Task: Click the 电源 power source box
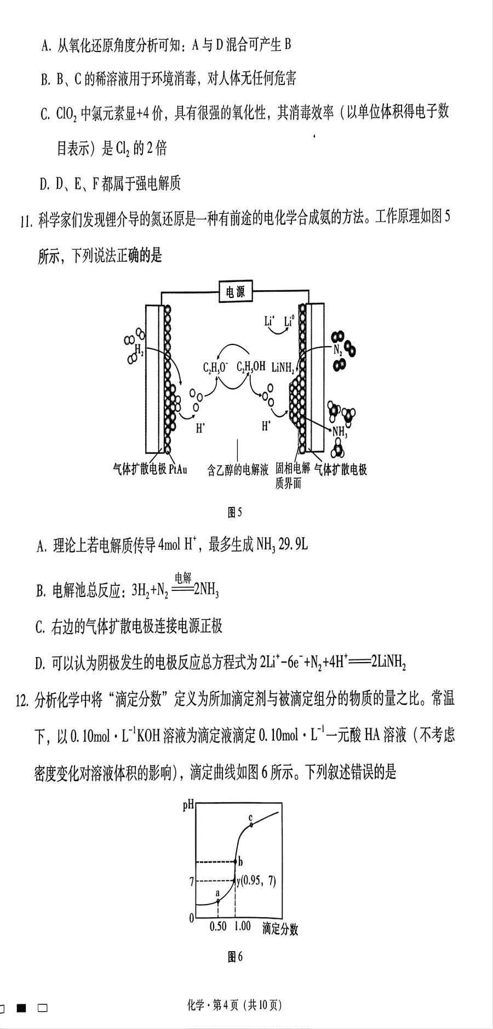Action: [x=236, y=292]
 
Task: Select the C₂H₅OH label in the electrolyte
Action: [x=251, y=367]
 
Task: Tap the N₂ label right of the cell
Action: [x=337, y=349]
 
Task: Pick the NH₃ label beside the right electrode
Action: [x=340, y=432]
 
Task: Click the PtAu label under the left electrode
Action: [x=178, y=469]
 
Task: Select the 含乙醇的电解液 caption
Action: [x=238, y=469]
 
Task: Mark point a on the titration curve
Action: [x=218, y=901]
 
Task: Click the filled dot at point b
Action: [x=236, y=861]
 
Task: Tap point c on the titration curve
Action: [x=251, y=824]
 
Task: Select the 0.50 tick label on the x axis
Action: [x=219, y=926]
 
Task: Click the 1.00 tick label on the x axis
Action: [x=242, y=926]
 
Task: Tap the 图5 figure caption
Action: [x=234, y=512]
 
